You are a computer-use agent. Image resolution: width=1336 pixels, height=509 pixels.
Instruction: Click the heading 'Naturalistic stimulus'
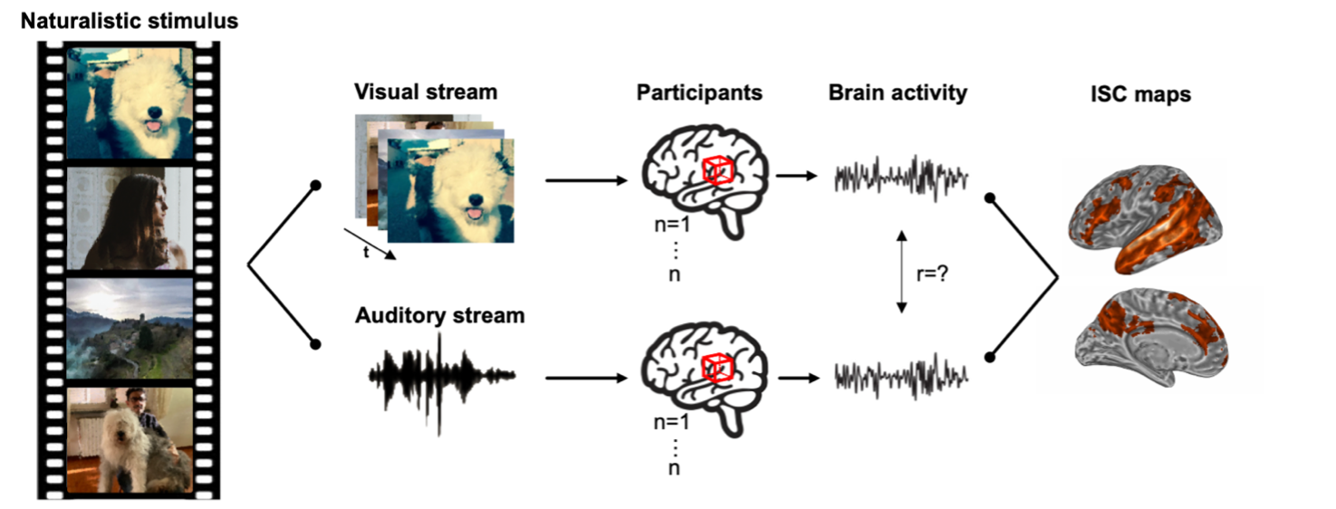point(130,20)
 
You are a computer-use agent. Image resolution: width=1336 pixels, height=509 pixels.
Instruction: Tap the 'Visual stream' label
point(426,91)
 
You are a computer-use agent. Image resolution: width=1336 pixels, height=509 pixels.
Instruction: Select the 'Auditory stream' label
point(439,315)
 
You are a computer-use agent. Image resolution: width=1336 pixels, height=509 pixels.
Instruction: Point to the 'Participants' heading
point(698,91)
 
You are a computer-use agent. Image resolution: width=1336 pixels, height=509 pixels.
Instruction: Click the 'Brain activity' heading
point(898,91)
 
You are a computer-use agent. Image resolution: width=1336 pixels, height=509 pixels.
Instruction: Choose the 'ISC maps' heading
point(1140,93)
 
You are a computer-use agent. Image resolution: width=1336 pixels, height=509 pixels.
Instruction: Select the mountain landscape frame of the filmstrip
point(130,327)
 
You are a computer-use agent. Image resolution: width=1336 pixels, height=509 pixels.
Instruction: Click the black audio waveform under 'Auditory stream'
point(441,374)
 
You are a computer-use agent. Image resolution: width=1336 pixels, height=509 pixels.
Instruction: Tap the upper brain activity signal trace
point(901,176)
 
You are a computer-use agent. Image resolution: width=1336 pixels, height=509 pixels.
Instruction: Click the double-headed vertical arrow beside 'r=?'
point(901,272)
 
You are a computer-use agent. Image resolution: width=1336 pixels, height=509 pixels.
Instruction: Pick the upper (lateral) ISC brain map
point(1146,217)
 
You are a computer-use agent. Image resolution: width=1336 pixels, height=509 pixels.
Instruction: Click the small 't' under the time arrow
point(366,254)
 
